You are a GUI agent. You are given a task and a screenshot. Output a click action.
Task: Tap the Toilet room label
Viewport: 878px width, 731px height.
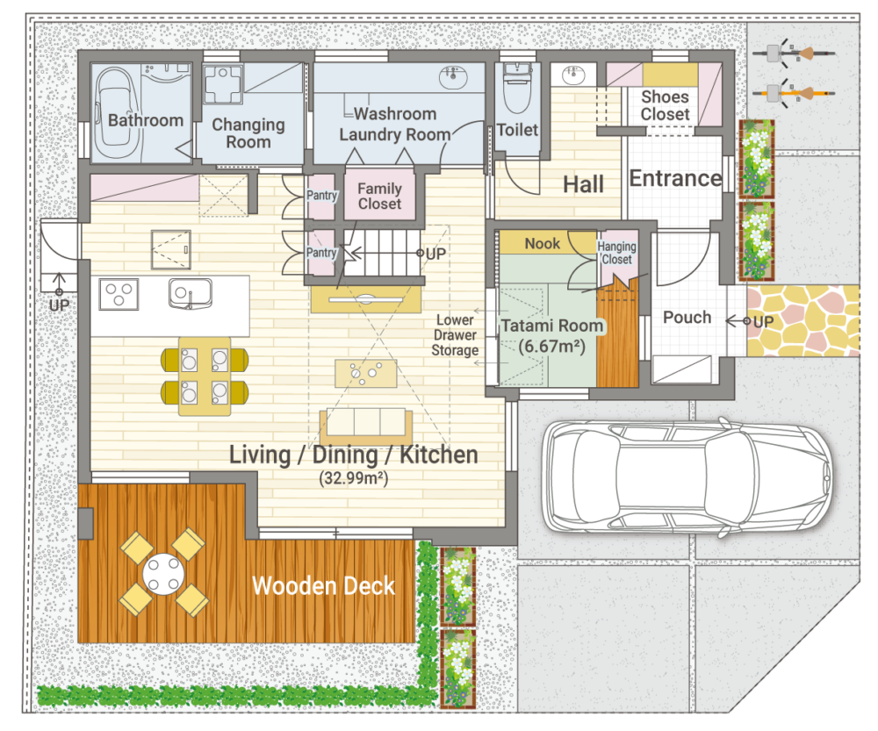click(517, 130)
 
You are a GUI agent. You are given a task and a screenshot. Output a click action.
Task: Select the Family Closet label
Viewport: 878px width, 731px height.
click(379, 196)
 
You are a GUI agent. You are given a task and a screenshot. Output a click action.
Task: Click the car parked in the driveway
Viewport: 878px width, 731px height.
click(687, 477)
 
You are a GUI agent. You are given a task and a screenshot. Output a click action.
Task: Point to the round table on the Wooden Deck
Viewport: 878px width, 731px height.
click(163, 574)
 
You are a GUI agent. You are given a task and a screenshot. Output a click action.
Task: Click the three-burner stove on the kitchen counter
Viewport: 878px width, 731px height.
click(119, 294)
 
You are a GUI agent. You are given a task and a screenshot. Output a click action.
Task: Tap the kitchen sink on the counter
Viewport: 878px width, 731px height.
click(191, 293)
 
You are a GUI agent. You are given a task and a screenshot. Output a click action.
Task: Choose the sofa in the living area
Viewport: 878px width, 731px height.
click(366, 426)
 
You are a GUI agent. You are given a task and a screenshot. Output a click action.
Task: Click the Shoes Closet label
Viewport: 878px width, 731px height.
click(666, 105)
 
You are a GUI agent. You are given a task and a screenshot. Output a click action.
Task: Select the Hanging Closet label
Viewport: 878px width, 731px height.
click(616, 253)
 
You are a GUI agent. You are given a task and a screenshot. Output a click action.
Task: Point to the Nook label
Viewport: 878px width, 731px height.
click(542, 243)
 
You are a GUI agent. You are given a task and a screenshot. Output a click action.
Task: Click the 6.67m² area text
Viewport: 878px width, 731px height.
click(551, 346)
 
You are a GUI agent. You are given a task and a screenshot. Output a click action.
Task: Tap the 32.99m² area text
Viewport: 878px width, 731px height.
click(353, 478)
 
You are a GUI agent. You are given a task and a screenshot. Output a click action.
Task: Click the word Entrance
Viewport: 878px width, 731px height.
click(675, 178)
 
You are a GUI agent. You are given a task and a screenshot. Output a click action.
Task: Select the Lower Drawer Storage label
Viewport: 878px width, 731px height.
click(455, 334)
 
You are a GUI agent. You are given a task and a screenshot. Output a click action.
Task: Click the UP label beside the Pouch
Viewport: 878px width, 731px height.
click(763, 322)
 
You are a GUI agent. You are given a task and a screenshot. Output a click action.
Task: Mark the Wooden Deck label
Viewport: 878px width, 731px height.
click(324, 586)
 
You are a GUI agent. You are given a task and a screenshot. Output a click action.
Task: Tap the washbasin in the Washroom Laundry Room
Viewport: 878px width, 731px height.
click(454, 78)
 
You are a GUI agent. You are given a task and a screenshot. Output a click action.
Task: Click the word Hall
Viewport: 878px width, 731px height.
click(583, 184)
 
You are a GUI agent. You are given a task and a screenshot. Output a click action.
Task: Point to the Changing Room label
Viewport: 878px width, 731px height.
click(248, 133)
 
